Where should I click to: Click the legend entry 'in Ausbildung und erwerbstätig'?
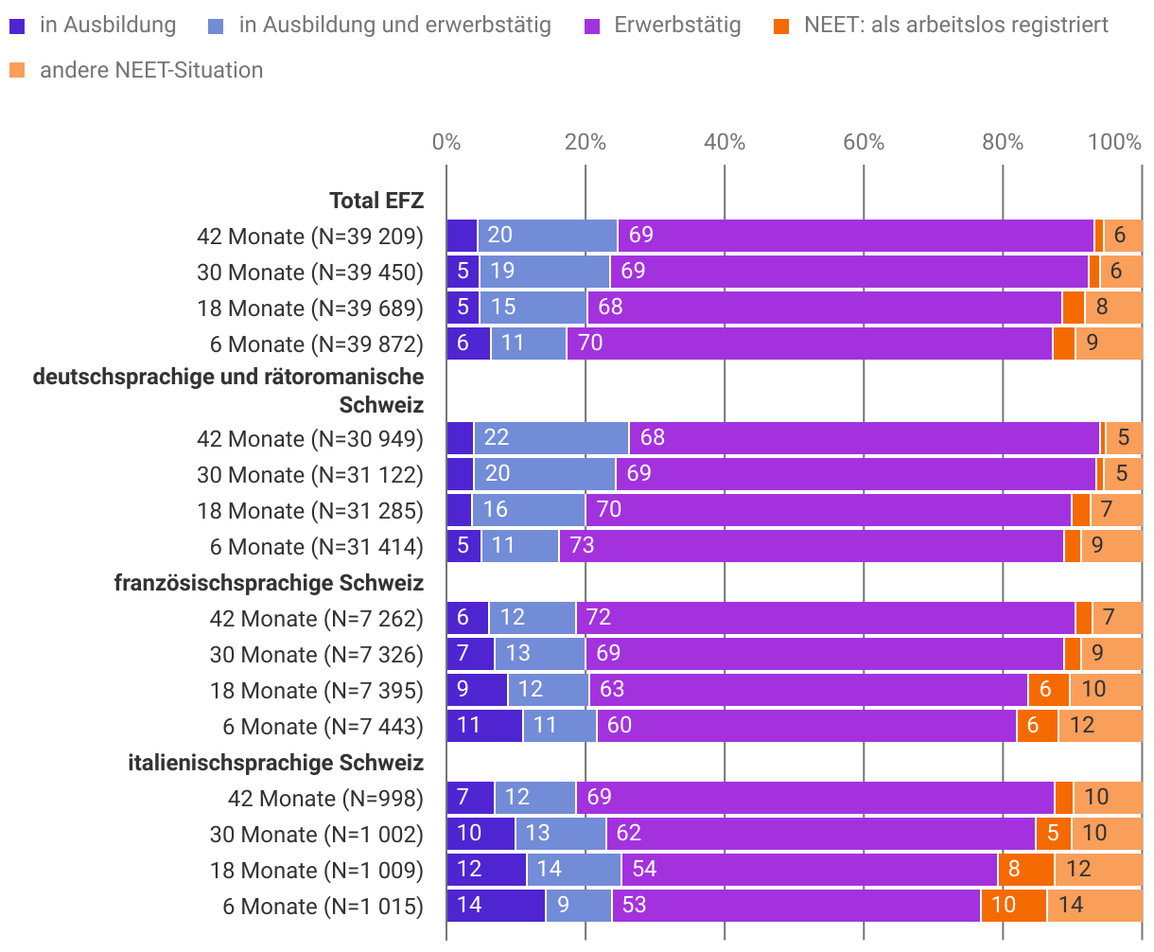tap(394, 25)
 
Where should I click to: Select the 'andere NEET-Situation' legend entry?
tap(151, 70)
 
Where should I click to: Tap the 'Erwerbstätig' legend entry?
tap(677, 25)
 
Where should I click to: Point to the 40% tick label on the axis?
tap(725, 142)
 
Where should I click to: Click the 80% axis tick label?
tap(1003, 142)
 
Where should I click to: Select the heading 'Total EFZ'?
tap(376, 201)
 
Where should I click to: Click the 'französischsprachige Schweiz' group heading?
tap(269, 583)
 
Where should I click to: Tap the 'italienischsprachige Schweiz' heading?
tap(275, 763)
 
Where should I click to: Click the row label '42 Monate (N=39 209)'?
tap(310, 237)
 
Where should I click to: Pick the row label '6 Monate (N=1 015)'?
tap(323, 907)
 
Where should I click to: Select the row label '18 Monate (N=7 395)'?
tap(317, 691)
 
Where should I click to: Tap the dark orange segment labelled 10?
tap(1013, 906)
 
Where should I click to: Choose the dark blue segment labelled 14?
tap(496, 906)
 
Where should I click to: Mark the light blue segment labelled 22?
tap(551, 438)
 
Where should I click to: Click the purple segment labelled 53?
tap(796, 906)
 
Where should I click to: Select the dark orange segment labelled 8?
tap(1025, 870)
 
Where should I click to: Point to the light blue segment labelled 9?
tap(578, 906)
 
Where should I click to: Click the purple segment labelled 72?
tap(825, 618)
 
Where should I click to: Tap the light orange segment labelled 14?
tap(1093, 906)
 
